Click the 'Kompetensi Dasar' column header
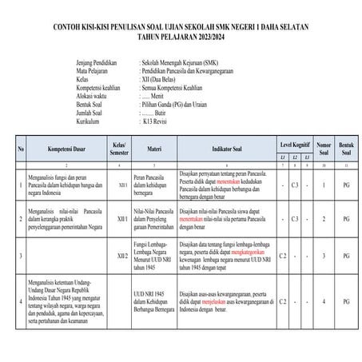pyautogui.click(x=66, y=149)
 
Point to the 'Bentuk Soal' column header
pyautogui.click(x=345, y=149)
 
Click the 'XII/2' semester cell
pyautogui.click(x=121, y=256)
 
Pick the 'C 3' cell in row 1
pyautogui.click(x=295, y=185)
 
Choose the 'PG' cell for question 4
pyautogui.click(x=345, y=301)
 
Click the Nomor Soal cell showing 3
pyautogui.click(x=323, y=256)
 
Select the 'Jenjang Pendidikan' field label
pyautogui.click(x=102, y=61)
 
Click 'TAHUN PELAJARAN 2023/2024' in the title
pyautogui.click(x=181, y=36)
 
